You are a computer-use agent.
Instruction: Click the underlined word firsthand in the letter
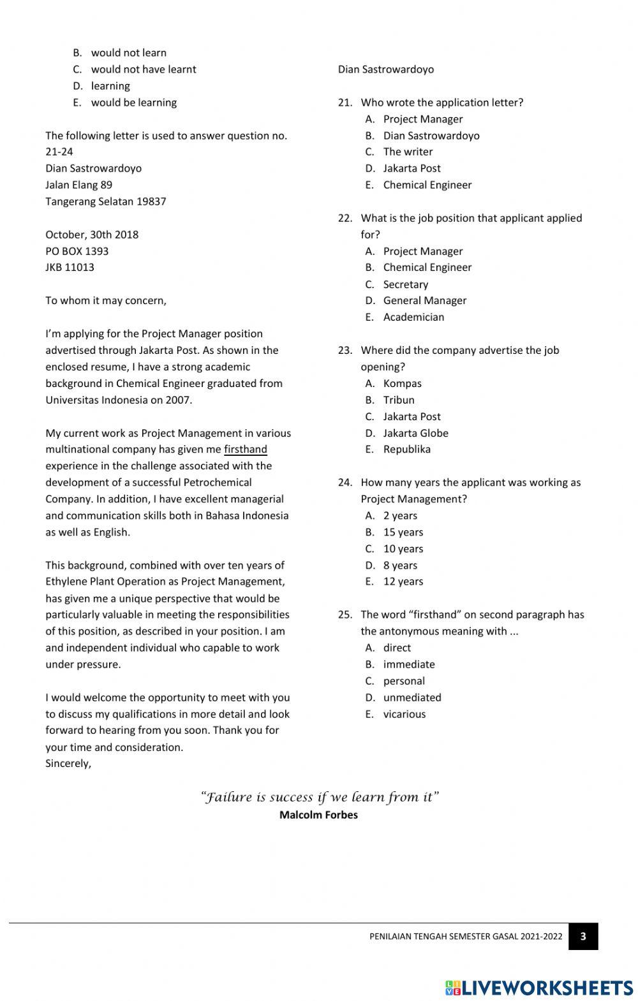(245, 449)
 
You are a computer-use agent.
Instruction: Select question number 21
(345, 103)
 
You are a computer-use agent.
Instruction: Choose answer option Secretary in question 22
(405, 284)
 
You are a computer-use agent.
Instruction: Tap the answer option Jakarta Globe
(415, 433)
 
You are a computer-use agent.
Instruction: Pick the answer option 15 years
(403, 532)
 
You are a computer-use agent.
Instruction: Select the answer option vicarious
(404, 714)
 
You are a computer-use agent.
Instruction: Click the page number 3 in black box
(583, 937)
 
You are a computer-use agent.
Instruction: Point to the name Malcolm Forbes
(318, 815)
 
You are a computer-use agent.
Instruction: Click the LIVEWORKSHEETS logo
(539, 988)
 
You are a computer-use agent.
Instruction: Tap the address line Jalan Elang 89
(78, 185)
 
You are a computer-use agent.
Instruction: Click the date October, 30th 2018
(92, 235)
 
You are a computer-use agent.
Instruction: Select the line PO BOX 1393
(77, 251)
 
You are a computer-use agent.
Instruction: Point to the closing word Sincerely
(68, 764)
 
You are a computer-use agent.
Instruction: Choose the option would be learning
(133, 103)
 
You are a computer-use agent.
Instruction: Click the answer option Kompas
(402, 383)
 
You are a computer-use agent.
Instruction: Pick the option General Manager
(424, 300)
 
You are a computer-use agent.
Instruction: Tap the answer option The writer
(408, 152)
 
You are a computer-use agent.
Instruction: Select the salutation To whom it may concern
(105, 300)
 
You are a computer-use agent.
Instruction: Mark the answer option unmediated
(412, 698)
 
